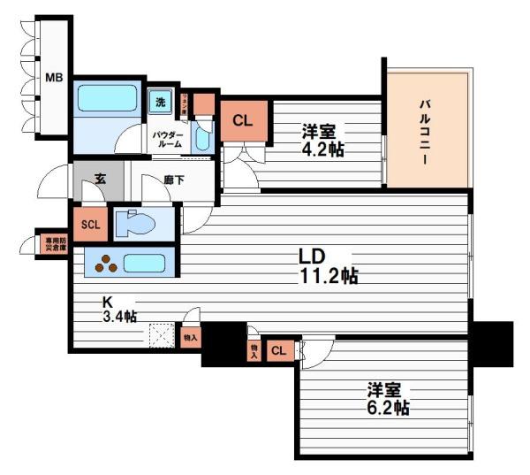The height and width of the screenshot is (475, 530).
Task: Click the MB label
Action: [x=53, y=77]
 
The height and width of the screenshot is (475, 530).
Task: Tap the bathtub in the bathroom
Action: [x=107, y=97]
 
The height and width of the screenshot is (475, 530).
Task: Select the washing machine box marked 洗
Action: [x=160, y=102]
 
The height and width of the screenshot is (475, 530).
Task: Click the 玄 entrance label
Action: [x=100, y=179]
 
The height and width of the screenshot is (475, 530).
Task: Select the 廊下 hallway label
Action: [x=174, y=180]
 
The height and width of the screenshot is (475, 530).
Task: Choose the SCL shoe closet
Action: [x=90, y=224]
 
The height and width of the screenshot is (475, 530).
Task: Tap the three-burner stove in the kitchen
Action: [x=105, y=263]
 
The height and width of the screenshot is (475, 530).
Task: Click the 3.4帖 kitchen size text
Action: [x=118, y=316]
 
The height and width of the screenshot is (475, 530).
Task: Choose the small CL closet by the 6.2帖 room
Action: [x=279, y=350]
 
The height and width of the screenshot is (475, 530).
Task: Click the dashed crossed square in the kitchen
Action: [x=162, y=335]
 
